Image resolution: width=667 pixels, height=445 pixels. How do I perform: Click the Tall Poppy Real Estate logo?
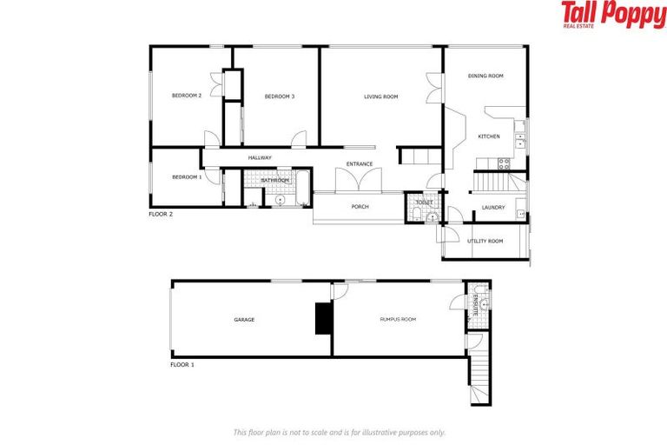pyautogui.click(x=613, y=15)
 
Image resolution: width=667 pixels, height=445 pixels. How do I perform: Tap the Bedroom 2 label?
pyautogui.click(x=187, y=96)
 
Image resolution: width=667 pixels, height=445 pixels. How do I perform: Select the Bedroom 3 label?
pyautogui.click(x=280, y=96)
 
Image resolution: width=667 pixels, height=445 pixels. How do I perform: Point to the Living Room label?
pyautogui.click(x=380, y=96)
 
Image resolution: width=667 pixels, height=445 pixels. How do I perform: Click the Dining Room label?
pyautogui.click(x=485, y=76)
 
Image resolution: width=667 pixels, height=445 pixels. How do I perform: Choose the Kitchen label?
pyautogui.click(x=489, y=136)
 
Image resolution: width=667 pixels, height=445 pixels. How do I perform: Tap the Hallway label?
pyautogui.click(x=260, y=157)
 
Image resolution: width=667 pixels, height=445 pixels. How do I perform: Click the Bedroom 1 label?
pyautogui.click(x=187, y=177)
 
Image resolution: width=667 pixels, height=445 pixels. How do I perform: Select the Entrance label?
pyautogui.click(x=360, y=164)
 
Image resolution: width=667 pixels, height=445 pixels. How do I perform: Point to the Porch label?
pyautogui.click(x=360, y=207)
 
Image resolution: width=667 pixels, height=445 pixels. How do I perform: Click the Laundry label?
pyautogui.click(x=493, y=207)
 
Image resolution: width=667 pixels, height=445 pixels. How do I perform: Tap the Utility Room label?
pyautogui.click(x=485, y=241)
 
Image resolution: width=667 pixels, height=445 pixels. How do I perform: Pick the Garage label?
pyautogui.click(x=244, y=320)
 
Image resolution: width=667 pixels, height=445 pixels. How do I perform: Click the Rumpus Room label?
pyautogui.click(x=398, y=320)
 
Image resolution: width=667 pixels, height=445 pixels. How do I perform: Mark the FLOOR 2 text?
pyautogui.click(x=161, y=213)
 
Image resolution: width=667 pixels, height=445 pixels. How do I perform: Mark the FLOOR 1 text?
pyautogui.click(x=182, y=365)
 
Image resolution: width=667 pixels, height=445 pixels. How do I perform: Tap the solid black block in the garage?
pyautogui.click(x=323, y=317)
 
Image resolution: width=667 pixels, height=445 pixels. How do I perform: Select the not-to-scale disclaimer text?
pyautogui.click(x=339, y=432)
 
